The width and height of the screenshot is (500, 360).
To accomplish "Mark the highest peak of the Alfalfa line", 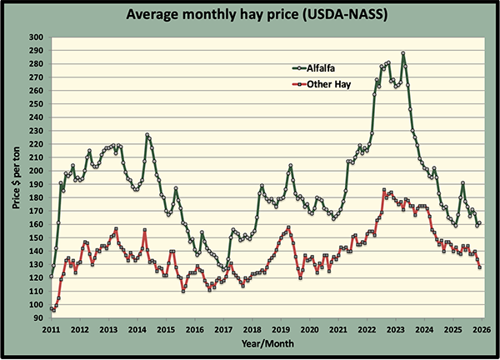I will (x=403, y=53).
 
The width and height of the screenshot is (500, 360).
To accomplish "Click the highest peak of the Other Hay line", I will (x=382, y=191).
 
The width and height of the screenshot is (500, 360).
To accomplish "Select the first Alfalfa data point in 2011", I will (x=52, y=276).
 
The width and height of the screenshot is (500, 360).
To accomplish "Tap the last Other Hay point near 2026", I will (x=480, y=267).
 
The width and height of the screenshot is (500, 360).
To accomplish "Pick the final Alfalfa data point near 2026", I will (x=480, y=223).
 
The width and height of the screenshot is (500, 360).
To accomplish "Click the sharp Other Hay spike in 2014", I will (x=145, y=230).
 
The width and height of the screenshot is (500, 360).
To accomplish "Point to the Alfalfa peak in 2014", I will (x=147, y=135).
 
